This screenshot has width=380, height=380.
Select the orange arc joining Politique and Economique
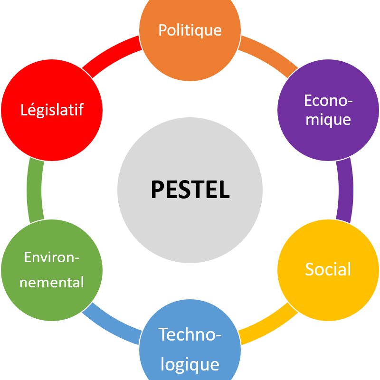(268, 54)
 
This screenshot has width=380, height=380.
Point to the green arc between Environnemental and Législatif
(35, 190)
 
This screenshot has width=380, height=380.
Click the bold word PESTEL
(190, 190)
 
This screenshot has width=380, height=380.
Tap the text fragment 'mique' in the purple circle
(328, 119)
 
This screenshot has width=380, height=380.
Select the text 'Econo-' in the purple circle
(328, 101)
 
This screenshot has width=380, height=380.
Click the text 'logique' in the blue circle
(190, 364)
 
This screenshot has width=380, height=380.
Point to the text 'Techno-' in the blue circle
(190, 334)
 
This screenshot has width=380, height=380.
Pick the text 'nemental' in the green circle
(52, 282)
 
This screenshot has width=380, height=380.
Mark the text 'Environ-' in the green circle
(52, 258)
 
